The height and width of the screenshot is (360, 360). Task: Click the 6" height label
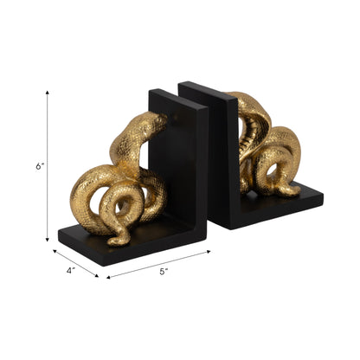[x=39, y=166]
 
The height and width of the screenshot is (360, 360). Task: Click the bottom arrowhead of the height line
[x=47, y=240]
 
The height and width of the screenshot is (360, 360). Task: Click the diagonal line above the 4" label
[x=74, y=263]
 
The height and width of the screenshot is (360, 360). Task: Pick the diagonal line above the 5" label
[x=159, y=264]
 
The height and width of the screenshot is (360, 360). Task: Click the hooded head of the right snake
[x=248, y=108]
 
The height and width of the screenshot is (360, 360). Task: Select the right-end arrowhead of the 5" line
[x=208, y=252]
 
